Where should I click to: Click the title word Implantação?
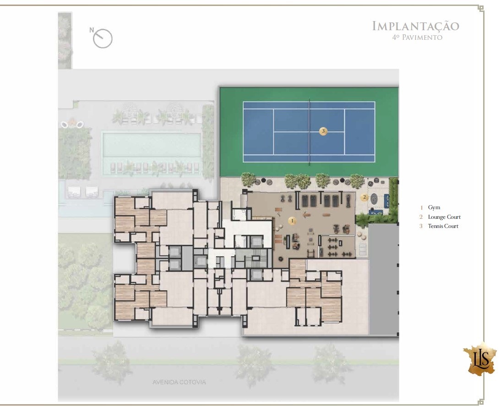(x=415, y=26)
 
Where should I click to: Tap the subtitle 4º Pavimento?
(x=417, y=38)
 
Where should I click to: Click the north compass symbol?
(x=103, y=38)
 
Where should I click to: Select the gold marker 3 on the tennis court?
(x=323, y=131)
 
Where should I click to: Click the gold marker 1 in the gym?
(x=292, y=221)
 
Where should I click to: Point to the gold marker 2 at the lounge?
(x=364, y=197)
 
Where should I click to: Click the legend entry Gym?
(x=434, y=208)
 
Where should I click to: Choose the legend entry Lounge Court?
(x=444, y=217)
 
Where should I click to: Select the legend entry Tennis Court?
(x=443, y=226)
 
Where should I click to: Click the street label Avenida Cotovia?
(x=179, y=382)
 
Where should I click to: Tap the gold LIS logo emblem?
(x=480, y=358)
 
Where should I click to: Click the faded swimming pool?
(x=152, y=145)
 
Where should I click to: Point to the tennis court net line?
(x=309, y=131)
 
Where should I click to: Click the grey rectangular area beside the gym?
(x=383, y=279)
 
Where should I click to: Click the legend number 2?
(x=421, y=217)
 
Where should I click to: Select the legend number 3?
(x=421, y=226)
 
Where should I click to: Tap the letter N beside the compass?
(x=92, y=30)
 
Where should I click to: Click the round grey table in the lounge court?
(x=374, y=199)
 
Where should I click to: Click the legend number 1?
(x=421, y=208)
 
